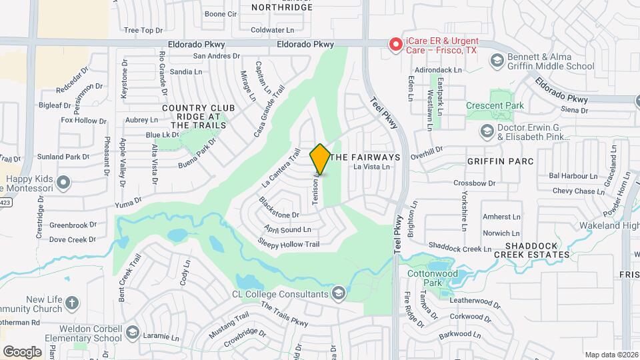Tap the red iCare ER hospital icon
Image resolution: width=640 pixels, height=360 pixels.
tap(395, 45)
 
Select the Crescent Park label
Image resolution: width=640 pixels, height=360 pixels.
tap(513, 105)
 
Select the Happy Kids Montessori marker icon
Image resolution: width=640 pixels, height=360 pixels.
tap(64, 181)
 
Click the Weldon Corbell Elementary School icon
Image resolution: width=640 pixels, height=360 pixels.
tap(132, 333)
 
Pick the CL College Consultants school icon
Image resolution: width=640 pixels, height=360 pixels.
tap(339, 293)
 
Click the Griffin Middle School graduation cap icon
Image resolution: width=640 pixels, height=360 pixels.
tap(496, 61)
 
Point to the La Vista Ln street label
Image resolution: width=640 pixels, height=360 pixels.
tap(372, 167)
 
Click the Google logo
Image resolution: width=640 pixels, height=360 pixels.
tap(22, 351)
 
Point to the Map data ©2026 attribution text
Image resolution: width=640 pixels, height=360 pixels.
tap(611, 355)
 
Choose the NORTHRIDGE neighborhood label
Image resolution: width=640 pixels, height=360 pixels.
tap(282, 7)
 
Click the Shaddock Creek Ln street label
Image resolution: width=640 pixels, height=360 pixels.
tap(459, 248)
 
